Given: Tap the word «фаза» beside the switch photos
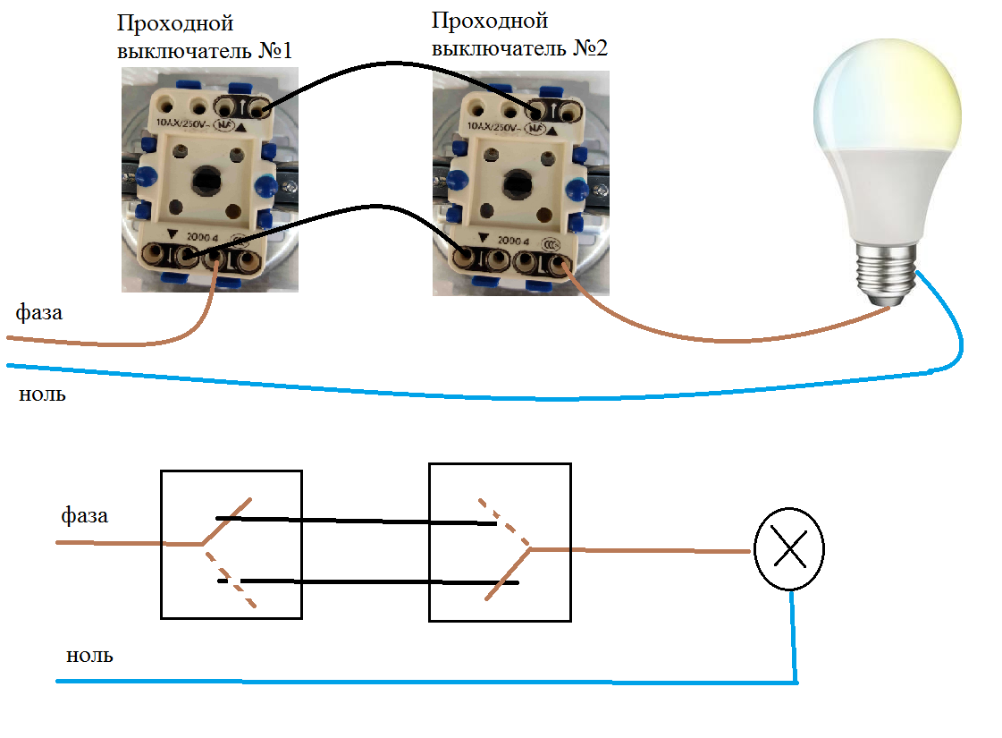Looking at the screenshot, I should [39, 313].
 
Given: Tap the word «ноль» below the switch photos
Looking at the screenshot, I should [42, 394].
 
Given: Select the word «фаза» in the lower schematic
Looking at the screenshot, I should [85, 516].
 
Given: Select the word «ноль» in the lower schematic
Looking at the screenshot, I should [89, 656].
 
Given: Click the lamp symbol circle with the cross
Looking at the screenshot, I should [789, 551].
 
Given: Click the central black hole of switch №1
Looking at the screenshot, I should [205, 178].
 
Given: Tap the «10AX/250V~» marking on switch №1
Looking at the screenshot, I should [189, 123].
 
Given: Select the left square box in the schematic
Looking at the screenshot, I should [231, 544].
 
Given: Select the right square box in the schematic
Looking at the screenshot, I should [500, 542].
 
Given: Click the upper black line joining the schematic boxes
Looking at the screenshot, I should [358, 520].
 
